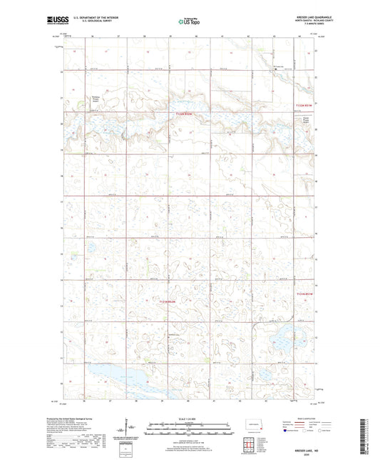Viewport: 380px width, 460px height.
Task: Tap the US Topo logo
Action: [x=189, y=22]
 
